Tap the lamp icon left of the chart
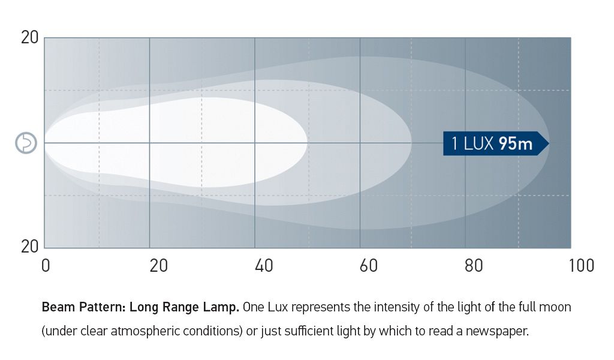pos(26,143)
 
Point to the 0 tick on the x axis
pos(46,265)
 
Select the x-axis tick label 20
pos(158,265)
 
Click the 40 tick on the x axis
pos(264,265)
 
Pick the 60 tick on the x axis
pos(369,265)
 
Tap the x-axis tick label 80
pos(474,265)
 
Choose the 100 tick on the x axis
pos(581,265)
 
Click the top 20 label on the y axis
pos(29,37)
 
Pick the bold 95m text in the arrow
pos(515,144)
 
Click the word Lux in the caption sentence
pos(276,308)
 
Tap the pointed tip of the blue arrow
pos(547,143)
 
